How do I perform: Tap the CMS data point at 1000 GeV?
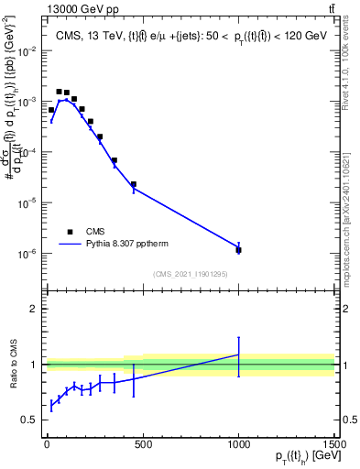[238, 249]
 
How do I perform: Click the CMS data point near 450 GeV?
[134, 184]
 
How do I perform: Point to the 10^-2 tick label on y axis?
[27, 51]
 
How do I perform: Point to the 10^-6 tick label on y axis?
[27, 254]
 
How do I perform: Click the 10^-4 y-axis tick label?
[27, 153]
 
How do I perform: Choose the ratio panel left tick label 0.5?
[29, 420]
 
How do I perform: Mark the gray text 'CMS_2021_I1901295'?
[190, 274]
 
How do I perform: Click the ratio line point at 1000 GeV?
[238, 354]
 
